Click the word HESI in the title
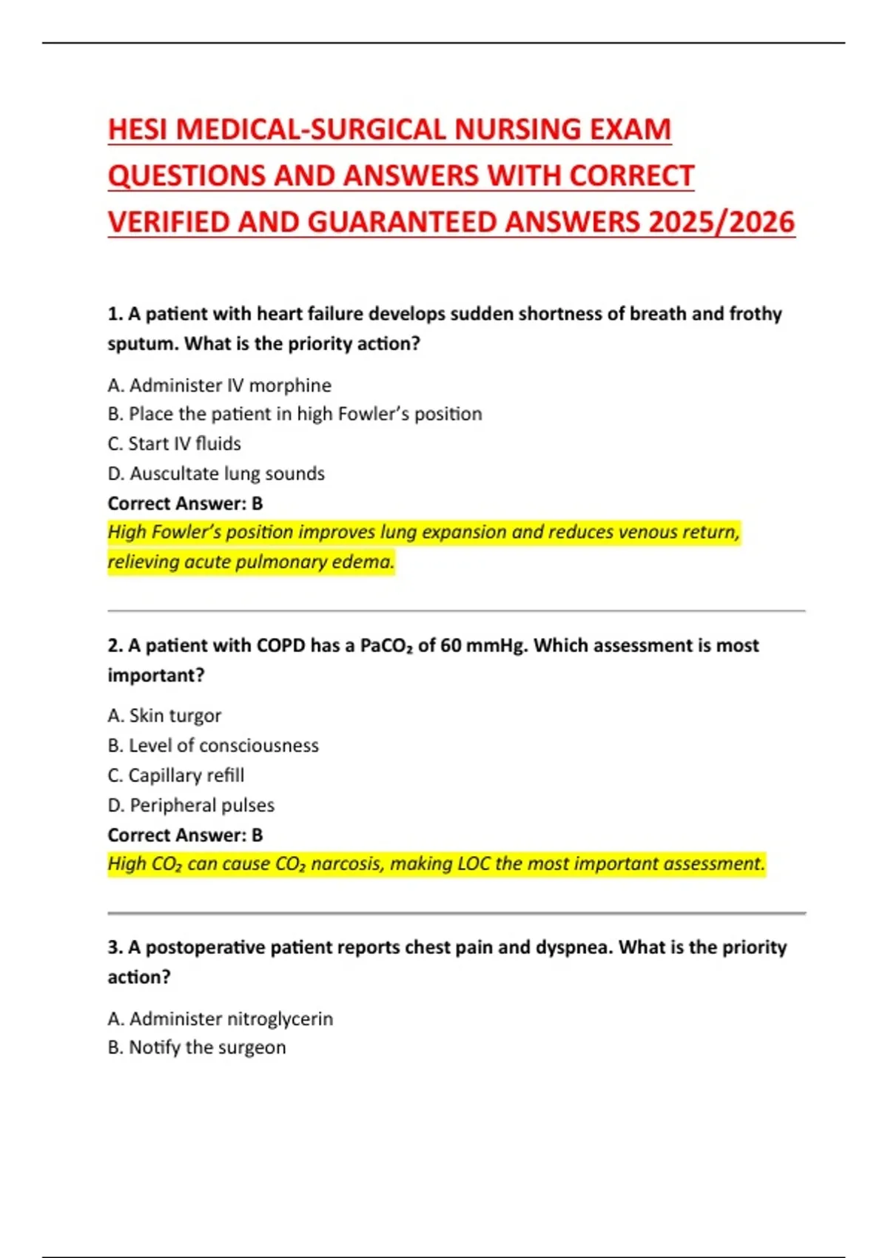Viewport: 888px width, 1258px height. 138,129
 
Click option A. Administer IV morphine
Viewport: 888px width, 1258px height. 219,385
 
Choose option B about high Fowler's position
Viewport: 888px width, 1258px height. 295,414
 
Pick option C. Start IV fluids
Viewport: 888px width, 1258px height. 174,443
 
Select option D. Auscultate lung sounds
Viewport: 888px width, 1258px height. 216,473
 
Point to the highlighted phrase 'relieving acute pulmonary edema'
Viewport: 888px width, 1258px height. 250,562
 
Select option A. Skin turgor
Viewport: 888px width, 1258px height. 164,716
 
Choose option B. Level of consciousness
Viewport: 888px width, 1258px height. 213,745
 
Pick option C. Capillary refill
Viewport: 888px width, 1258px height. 175,775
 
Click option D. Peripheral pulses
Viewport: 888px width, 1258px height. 191,805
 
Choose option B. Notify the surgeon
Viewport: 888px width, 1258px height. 196,1047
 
